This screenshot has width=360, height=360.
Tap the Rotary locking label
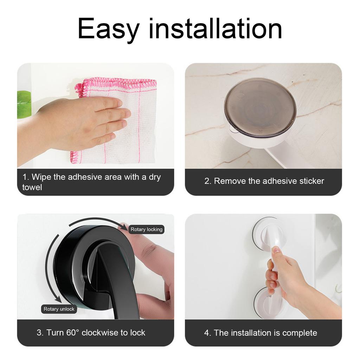point(147,230)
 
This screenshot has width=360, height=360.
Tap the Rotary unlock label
point(59,309)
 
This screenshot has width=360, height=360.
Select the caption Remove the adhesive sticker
point(264,181)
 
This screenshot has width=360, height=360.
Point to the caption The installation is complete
point(261,333)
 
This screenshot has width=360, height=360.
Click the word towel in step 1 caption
point(32,187)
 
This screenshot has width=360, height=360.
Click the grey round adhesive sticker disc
point(260,107)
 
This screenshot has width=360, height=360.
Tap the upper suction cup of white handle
point(269,234)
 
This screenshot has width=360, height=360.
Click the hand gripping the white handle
point(285,278)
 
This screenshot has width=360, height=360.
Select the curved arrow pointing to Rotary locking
point(98,221)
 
